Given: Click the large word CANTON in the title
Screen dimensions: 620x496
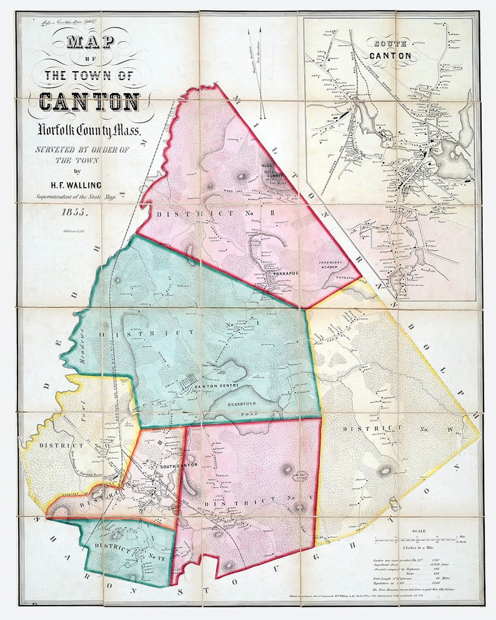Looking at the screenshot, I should [x=89, y=101].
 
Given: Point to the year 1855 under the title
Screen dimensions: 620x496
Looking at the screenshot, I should [x=74, y=212].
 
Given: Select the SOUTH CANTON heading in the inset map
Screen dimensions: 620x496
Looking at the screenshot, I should [x=390, y=50].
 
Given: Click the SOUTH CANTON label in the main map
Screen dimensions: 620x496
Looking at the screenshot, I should [x=178, y=465].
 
